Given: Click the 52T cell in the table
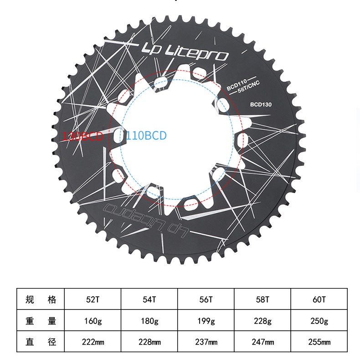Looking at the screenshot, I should [93, 299].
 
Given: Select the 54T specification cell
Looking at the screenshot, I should [149, 299].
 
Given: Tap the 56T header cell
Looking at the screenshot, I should [206, 299].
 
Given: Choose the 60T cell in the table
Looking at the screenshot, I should [319, 299].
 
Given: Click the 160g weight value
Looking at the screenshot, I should [93, 321].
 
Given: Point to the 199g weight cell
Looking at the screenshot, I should [206, 321].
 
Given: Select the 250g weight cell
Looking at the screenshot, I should [319, 321].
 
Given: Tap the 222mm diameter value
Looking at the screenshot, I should [93, 342].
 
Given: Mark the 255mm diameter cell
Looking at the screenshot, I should [319, 342].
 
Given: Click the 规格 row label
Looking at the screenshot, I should [41, 299].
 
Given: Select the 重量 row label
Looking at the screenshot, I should [41, 321].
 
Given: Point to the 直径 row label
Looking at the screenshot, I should [41, 342].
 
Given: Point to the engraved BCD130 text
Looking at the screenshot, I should [261, 104].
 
